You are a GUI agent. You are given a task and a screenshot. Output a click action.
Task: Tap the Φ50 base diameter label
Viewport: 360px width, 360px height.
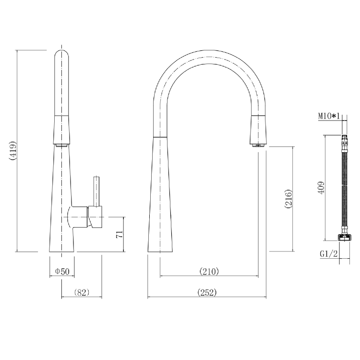coord(62,271)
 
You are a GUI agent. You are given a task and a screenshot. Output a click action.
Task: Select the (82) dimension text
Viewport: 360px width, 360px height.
coord(82,292)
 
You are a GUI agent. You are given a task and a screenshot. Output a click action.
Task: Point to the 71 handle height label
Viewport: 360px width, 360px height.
coord(120,234)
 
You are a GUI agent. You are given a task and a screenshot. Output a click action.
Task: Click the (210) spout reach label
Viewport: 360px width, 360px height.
coord(209,271)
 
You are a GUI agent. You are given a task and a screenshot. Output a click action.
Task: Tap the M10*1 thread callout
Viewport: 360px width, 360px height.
coord(328,116)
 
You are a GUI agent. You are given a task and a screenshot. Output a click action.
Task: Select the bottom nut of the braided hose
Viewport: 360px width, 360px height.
coord(344,237)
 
